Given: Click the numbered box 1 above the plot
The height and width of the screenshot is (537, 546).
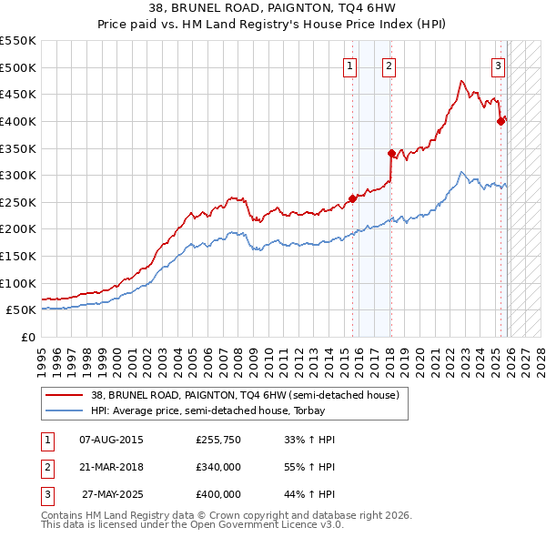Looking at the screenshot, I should tap(350, 65).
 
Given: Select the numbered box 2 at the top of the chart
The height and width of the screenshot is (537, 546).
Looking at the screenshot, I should tap(389, 65).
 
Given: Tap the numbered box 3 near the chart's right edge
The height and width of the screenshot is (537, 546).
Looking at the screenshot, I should tap(499, 65).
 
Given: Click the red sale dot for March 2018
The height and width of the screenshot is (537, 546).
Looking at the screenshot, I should tap(391, 153).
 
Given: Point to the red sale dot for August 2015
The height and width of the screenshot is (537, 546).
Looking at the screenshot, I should tap(352, 198).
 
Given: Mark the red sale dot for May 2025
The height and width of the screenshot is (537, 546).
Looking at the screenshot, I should tap(500, 120).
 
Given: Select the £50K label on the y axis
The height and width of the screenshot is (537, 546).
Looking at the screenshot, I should tap(21, 310).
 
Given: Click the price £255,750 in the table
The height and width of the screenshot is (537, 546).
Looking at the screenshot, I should tap(218, 440).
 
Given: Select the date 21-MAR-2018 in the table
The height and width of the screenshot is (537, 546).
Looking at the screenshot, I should tap(112, 467).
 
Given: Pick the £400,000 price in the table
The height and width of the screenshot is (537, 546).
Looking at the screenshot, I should tap(218, 494).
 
